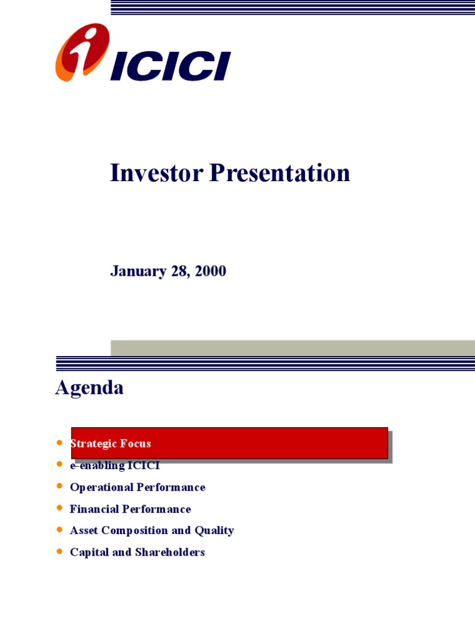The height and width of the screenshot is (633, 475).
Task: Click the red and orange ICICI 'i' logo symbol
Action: pos(82,52)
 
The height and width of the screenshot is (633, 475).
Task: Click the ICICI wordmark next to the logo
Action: pos(171,66)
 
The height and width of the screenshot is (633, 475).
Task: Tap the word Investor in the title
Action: pos(156,173)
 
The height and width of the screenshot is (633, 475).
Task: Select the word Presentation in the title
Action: pos(280,173)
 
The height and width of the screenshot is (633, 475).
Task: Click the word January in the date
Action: pos(139,271)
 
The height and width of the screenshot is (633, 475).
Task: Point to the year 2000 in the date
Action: pos(210,271)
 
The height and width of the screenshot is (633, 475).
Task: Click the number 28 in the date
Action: pos(180,271)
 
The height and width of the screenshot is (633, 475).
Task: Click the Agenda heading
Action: pos(89,388)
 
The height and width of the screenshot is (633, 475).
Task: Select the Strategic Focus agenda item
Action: pos(111,443)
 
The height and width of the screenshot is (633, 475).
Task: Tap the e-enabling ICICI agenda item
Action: pos(115,465)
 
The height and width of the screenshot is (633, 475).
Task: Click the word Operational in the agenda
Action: pos(101,487)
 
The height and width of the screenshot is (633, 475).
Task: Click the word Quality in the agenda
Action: pos(215,530)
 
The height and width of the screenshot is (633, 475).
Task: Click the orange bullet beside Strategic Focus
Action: pos(59,443)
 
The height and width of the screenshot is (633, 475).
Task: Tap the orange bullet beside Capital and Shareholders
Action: pos(59,551)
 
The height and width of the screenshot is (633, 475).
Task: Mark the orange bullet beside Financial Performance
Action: pos(59,508)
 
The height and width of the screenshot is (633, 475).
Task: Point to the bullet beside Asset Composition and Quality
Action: pos(59,530)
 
